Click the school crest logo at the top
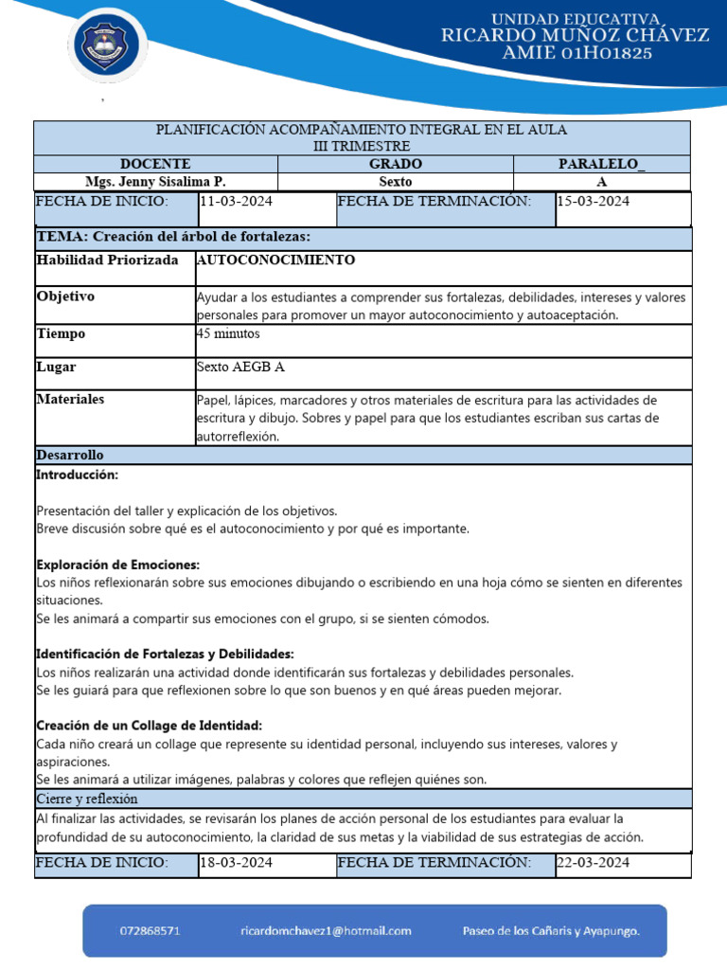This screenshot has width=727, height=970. coord(107,45)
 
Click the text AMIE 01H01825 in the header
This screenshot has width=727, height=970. coord(577,54)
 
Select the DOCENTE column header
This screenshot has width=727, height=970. coord(155,164)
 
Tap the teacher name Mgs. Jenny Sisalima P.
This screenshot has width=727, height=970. coord(155,181)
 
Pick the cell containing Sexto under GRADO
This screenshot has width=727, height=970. coord(396,181)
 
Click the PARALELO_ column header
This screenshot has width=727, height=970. coord(601,164)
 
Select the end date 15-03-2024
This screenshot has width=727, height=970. coord(593,201)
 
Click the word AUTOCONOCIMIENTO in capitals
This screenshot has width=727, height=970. coord(276,260)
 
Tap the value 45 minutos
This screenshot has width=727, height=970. coord(228,333)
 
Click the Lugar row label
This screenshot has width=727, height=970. coord(56,367)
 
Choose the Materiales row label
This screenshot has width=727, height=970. coord(70,400)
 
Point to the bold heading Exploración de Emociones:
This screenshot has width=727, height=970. coord(117,565)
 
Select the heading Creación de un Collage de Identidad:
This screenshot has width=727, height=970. coord(149,726)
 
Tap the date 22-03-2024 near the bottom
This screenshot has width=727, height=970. coord(593,863)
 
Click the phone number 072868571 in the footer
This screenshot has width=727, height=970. coord(151,931)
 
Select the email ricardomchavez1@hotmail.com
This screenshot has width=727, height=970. coord(325,931)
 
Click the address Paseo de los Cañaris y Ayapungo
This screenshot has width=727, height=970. coord(550,931)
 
